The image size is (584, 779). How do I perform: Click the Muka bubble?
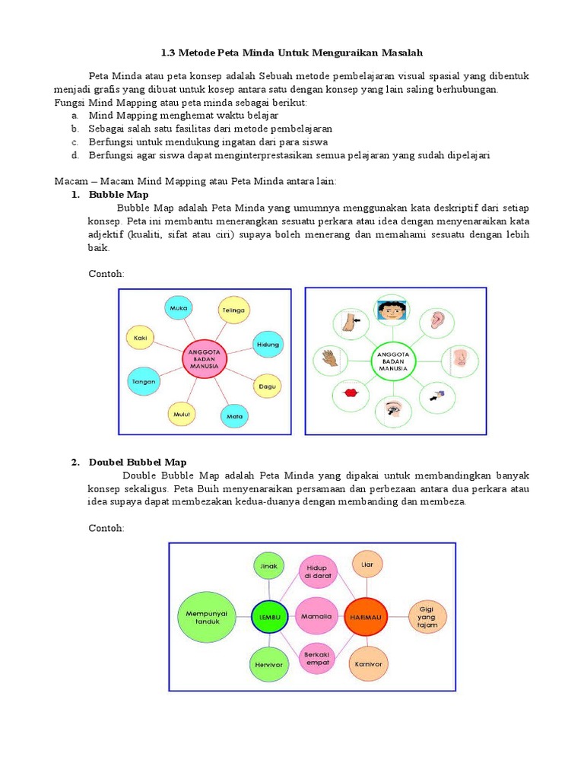[179, 309]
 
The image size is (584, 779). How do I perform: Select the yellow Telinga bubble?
[233, 310]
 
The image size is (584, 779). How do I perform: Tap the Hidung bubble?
[268, 344]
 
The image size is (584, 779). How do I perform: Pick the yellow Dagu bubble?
[267, 386]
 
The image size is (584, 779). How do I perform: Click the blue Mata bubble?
[235, 416]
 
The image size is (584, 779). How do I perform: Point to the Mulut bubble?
[181, 414]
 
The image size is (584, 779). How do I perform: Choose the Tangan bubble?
[144, 380]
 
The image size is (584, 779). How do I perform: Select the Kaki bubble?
[141, 337]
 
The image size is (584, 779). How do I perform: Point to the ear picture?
[436, 320]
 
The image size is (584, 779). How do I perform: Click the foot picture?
[348, 322]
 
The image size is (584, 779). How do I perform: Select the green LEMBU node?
[270, 617]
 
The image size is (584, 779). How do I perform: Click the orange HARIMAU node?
[366, 617]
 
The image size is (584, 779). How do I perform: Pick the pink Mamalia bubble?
[317, 616]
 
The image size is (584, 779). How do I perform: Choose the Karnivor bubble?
[367, 663]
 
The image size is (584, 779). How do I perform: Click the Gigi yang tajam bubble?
[428, 616]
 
